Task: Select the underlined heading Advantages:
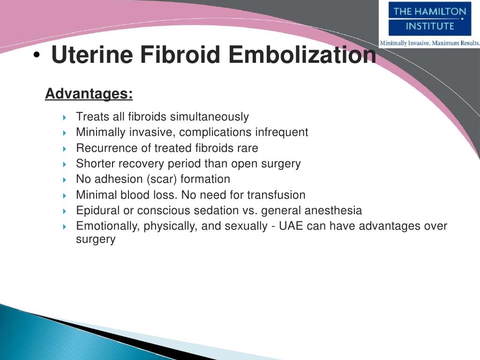pyautogui.click(x=89, y=94)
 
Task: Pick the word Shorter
pyautogui.click(x=95, y=164)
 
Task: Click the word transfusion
pyautogui.click(x=276, y=195)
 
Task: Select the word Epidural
pyautogui.click(x=96, y=211)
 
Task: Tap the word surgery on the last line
pyautogui.click(x=96, y=239)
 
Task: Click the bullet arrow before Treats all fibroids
pyautogui.click(x=65, y=117)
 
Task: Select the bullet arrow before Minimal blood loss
pyautogui.click(x=65, y=195)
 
